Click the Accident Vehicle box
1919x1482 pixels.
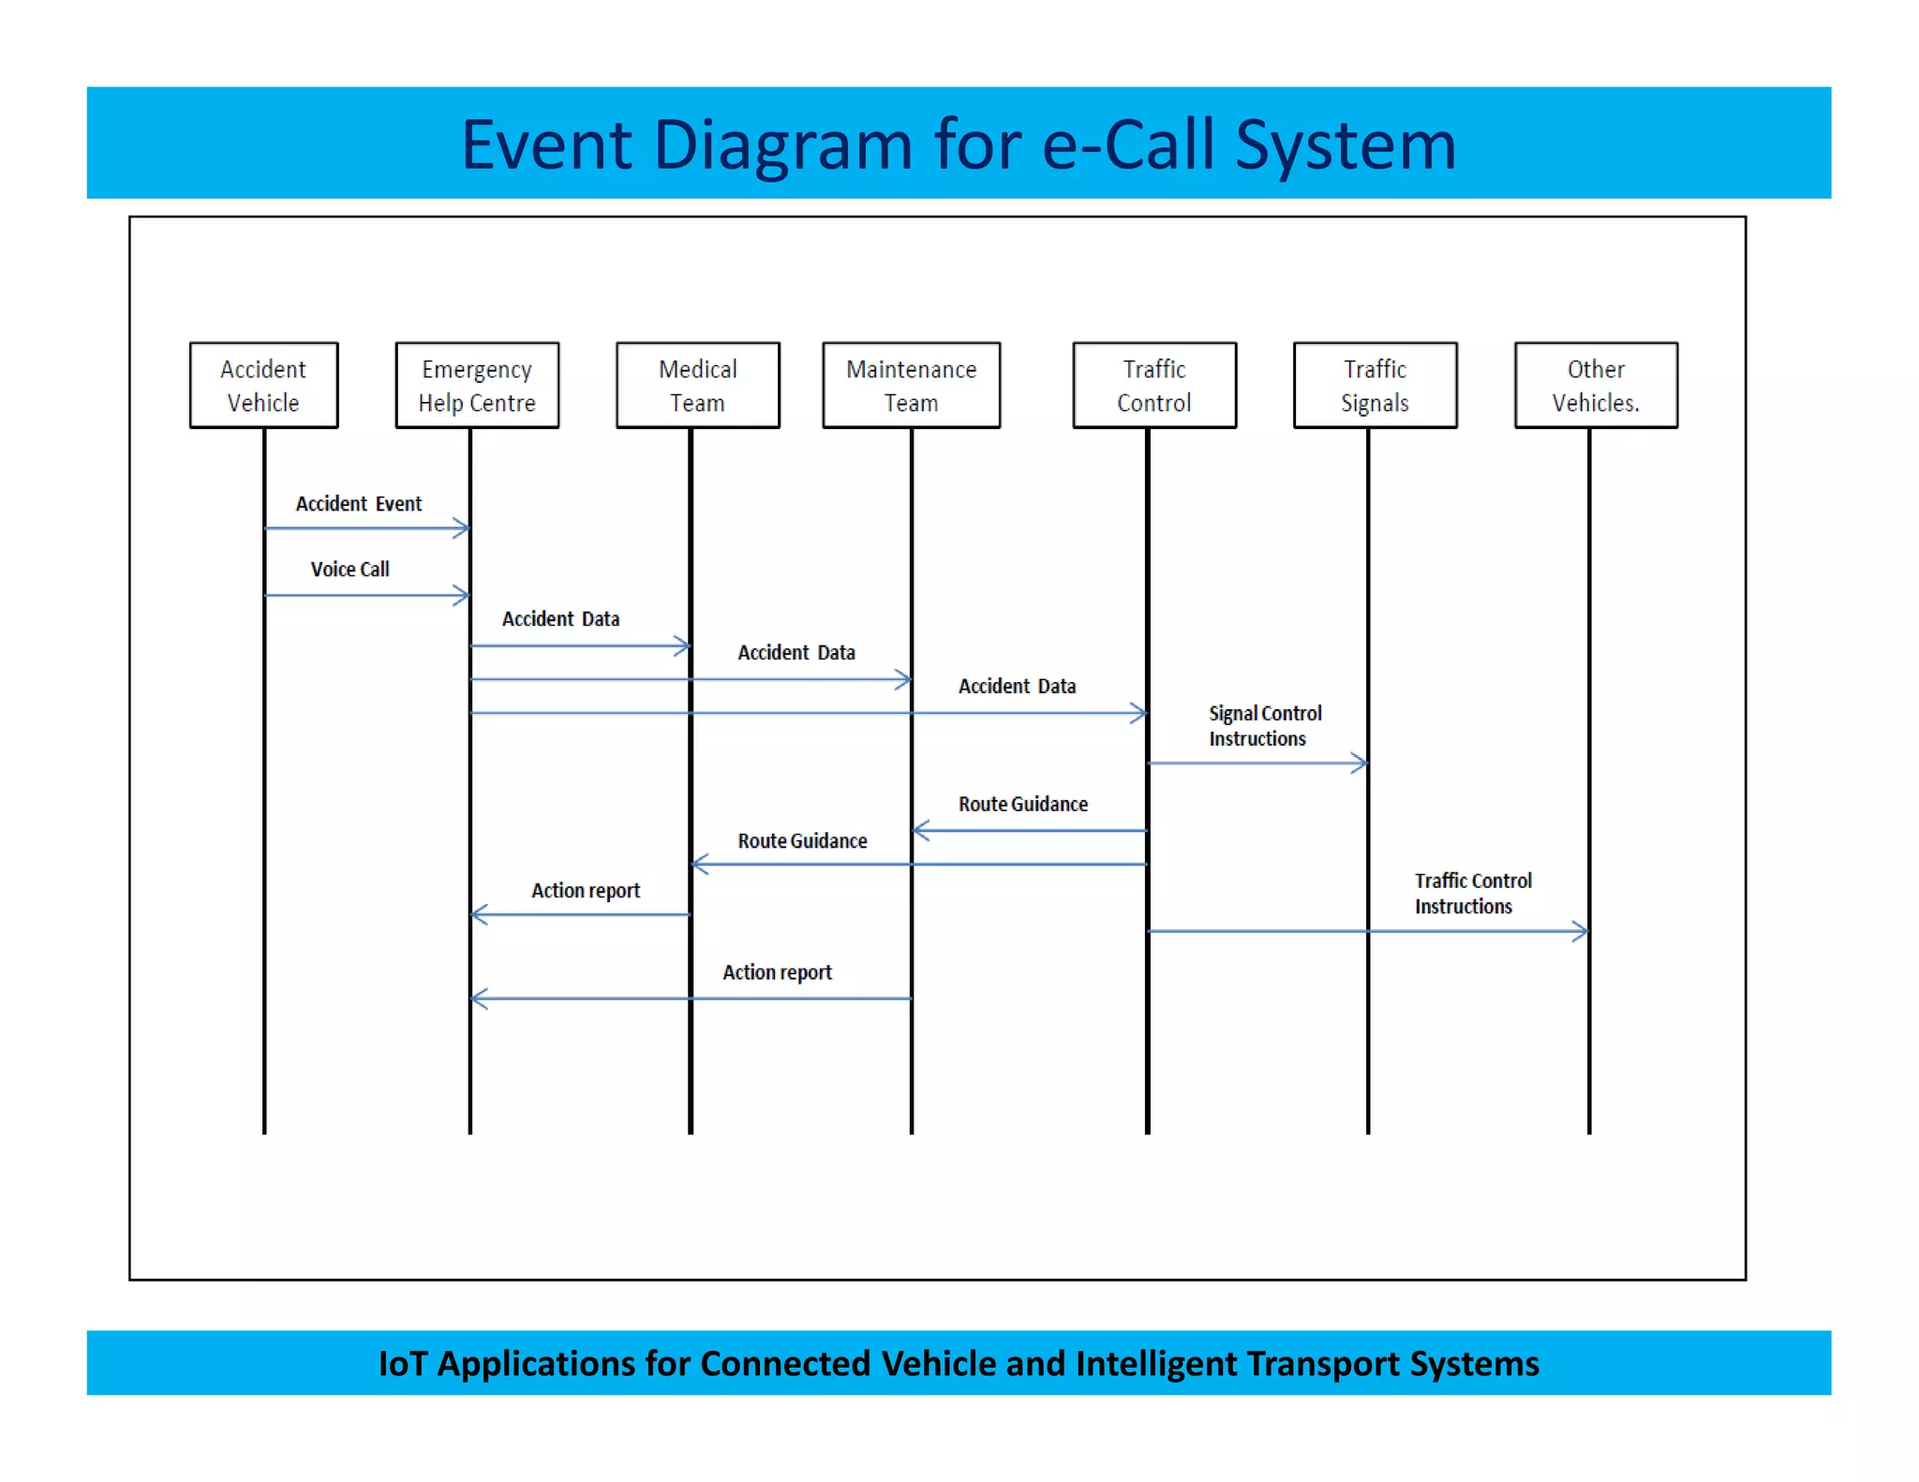(x=263, y=385)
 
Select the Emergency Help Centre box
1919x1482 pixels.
(x=477, y=385)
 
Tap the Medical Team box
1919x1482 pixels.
(x=697, y=385)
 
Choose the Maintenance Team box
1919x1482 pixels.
(x=911, y=385)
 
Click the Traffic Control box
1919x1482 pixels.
(x=1153, y=385)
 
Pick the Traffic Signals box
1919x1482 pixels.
(x=1375, y=385)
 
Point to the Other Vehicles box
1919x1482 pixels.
(x=1595, y=385)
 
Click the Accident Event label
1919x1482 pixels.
(x=359, y=504)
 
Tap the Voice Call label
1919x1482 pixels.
(x=350, y=570)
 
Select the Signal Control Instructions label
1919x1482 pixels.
(x=1264, y=726)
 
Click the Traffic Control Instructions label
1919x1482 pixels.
(x=1472, y=894)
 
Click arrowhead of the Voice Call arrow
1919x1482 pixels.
(x=462, y=596)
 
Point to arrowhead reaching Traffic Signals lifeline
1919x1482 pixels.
(x=1361, y=763)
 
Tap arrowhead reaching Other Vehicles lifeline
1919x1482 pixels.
(x=1582, y=931)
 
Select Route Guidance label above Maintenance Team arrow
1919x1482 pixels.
(x=1022, y=805)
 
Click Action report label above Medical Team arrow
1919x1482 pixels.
(x=586, y=891)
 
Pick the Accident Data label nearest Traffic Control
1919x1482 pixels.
(x=1017, y=687)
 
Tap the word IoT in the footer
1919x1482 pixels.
(x=403, y=1364)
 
